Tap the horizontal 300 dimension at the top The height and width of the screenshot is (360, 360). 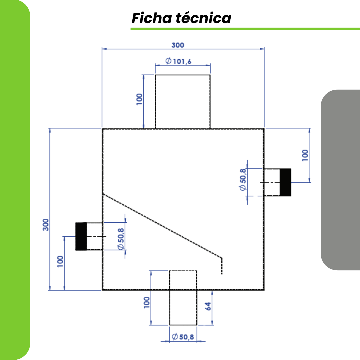click(178, 45)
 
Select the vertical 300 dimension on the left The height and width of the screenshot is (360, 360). click(46, 224)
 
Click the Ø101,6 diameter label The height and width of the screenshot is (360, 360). click(178, 61)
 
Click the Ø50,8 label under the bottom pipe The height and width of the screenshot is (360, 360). click(183, 337)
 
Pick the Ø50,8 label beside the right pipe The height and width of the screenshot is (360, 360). click(243, 179)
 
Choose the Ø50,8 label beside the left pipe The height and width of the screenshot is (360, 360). click(121, 239)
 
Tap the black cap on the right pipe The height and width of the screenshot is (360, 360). click(285, 182)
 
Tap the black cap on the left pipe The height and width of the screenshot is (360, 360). click(81, 236)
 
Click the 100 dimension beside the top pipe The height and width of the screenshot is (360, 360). click(139, 99)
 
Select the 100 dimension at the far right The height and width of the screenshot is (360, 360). click(305, 155)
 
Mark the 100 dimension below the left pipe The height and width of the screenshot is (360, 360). click(60, 261)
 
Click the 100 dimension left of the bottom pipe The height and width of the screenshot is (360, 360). click(146, 302)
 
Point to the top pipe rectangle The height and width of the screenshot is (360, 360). click(183, 102)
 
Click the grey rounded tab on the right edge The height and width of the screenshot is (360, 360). click(340, 180)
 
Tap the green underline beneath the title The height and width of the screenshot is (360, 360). click(245, 29)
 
